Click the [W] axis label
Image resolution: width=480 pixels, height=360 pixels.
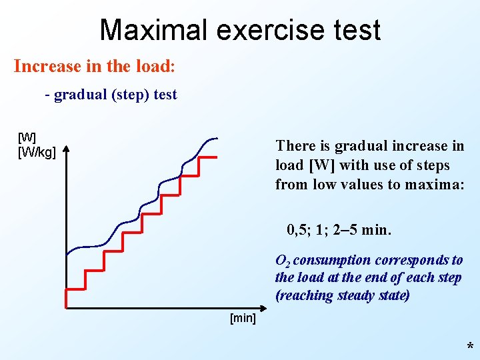click(x=27, y=138)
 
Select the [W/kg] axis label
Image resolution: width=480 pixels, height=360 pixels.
click(x=37, y=152)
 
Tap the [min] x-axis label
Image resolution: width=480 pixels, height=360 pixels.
click(x=243, y=318)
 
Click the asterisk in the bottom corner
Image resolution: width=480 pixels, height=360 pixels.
click(x=470, y=347)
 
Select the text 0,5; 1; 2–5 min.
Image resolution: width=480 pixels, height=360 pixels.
click(x=339, y=231)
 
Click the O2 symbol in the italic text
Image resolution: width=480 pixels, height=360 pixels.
click(x=282, y=261)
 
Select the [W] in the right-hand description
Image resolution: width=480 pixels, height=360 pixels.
click(x=322, y=165)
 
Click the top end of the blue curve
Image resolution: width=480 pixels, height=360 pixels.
click(x=217, y=139)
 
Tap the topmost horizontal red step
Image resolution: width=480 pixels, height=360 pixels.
click(x=209, y=157)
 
